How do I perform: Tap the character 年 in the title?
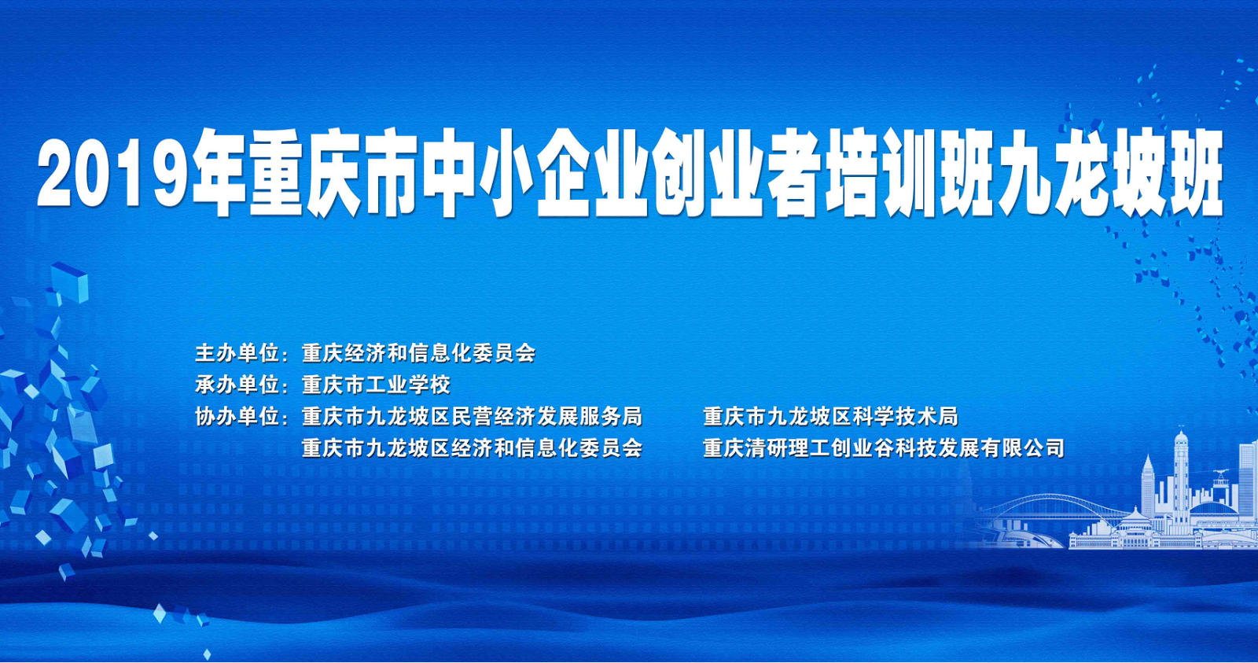click(x=219, y=172)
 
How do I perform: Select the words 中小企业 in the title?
click(x=537, y=172)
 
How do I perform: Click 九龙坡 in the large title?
click(x=1081, y=172)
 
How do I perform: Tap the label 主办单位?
click(x=237, y=353)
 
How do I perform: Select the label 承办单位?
click(x=237, y=385)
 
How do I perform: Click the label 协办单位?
click(x=237, y=417)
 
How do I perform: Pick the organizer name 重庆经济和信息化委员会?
click(x=418, y=353)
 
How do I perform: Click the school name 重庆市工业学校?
click(x=376, y=385)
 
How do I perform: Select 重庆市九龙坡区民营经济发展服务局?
click(x=472, y=417)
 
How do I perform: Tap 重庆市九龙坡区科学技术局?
click(x=830, y=417)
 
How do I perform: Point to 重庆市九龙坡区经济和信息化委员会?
click(x=472, y=448)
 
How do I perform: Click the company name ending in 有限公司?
click(x=884, y=448)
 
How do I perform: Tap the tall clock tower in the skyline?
click(x=1181, y=477)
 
